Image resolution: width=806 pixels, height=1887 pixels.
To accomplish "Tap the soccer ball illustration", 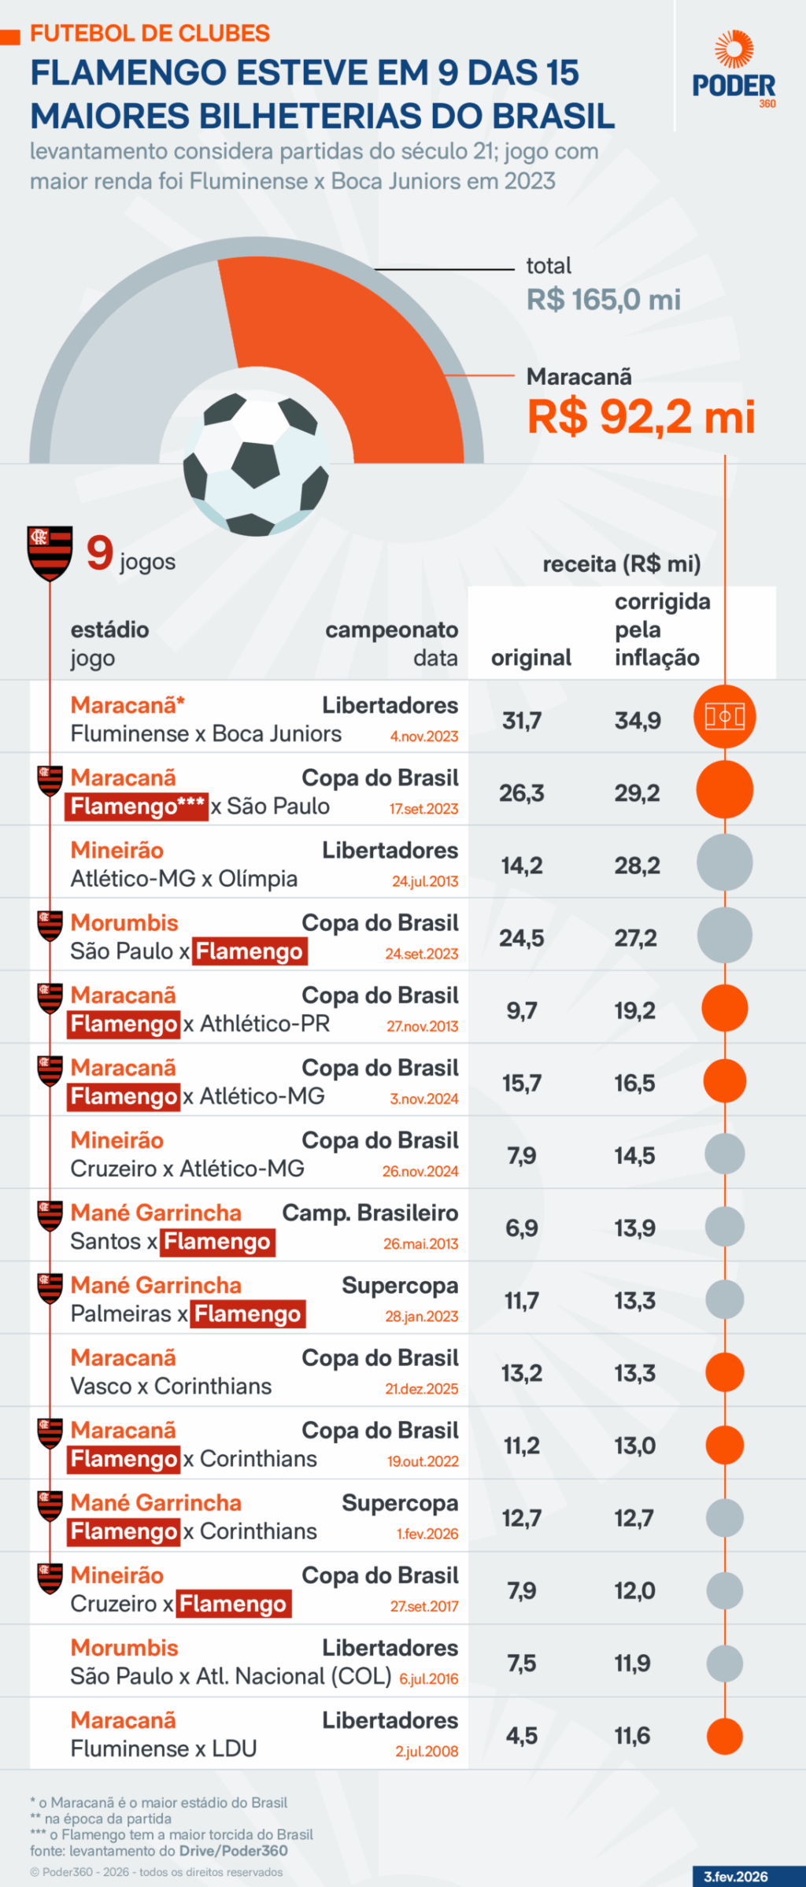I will click(256, 464).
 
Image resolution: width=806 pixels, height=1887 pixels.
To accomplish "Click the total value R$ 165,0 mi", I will click(603, 300).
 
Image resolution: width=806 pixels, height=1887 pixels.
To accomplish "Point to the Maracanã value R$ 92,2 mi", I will click(641, 416).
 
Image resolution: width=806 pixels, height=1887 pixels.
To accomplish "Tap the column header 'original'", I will click(531, 658).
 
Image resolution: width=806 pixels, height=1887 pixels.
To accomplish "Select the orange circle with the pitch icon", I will click(724, 717).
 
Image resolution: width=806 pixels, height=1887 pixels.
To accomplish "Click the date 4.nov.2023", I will click(423, 737).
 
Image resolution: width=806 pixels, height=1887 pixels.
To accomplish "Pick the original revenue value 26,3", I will click(521, 793).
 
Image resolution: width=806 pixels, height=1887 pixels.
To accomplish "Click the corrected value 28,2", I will click(637, 866).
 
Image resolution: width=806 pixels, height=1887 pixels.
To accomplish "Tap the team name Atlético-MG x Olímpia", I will click(184, 879).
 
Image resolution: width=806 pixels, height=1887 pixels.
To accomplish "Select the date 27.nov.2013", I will click(422, 1026).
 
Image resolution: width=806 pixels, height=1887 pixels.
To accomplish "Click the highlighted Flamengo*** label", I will click(137, 807).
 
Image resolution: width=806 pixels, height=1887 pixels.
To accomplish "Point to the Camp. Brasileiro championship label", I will click(370, 1213).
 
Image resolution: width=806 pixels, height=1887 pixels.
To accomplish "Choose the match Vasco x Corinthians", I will click(171, 1386).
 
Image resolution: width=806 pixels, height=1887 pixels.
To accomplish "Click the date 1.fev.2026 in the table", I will click(427, 1534).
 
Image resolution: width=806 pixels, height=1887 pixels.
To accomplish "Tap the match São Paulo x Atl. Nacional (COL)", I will click(231, 1676).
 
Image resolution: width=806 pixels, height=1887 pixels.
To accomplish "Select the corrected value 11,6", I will click(632, 1736).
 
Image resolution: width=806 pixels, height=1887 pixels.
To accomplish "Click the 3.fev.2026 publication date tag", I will click(735, 1876).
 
